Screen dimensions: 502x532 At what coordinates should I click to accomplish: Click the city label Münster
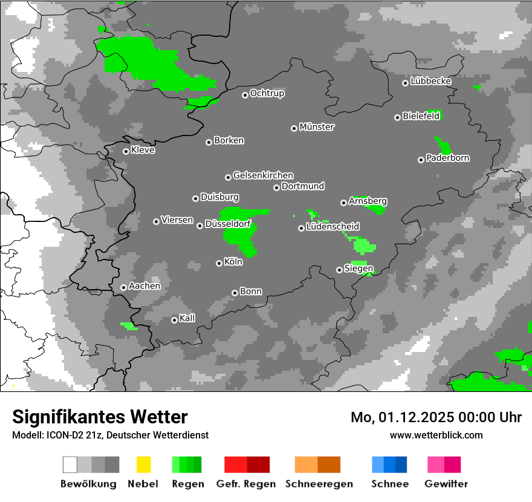click(x=317, y=127)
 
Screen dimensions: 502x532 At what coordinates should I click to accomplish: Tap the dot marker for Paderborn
click(x=421, y=160)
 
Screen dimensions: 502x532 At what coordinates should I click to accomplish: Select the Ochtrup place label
click(x=267, y=94)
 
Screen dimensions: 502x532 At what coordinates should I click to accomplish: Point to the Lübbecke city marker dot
click(x=405, y=83)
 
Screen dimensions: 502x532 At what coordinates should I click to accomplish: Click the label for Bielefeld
click(x=421, y=116)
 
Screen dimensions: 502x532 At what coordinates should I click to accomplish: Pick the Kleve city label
click(x=143, y=150)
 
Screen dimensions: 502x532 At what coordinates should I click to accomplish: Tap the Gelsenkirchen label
click(x=263, y=175)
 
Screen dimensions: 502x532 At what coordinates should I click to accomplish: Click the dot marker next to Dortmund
click(x=276, y=187)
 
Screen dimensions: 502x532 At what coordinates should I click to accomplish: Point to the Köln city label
click(x=233, y=262)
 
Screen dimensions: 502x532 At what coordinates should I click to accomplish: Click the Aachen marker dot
click(x=123, y=287)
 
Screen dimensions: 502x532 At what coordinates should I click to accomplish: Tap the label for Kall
click(x=187, y=318)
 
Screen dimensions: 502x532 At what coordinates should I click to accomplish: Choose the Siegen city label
click(x=358, y=269)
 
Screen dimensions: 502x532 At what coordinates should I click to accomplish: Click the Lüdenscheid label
click(x=333, y=227)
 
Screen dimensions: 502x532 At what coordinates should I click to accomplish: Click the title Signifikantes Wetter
click(x=100, y=417)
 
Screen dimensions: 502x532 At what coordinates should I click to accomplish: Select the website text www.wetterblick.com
click(x=436, y=435)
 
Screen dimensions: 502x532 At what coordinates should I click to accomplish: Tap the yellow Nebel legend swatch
click(x=144, y=465)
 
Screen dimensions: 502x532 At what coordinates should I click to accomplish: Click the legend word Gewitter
click(x=446, y=484)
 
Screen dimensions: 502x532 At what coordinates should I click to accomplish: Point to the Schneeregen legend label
click(x=319, y=484)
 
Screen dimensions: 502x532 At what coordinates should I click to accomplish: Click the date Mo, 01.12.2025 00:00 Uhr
click(x=436, y=417)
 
